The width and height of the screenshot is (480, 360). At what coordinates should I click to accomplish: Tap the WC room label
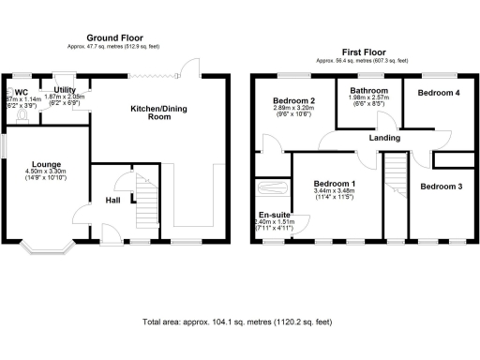click(x=21, y=90)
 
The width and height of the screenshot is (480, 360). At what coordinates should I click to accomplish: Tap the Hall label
click(x=112, y=200)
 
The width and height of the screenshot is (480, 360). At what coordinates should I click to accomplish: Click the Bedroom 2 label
click(x=292, y=99)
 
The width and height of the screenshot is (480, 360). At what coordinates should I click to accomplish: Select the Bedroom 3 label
click(x=441, y=187)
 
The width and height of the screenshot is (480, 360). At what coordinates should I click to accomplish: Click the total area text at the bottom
click(x=239, y=322)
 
